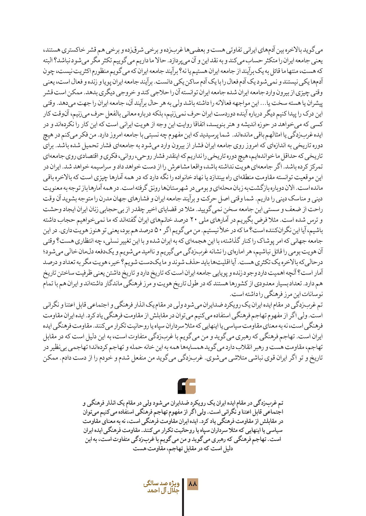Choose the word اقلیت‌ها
213,262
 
